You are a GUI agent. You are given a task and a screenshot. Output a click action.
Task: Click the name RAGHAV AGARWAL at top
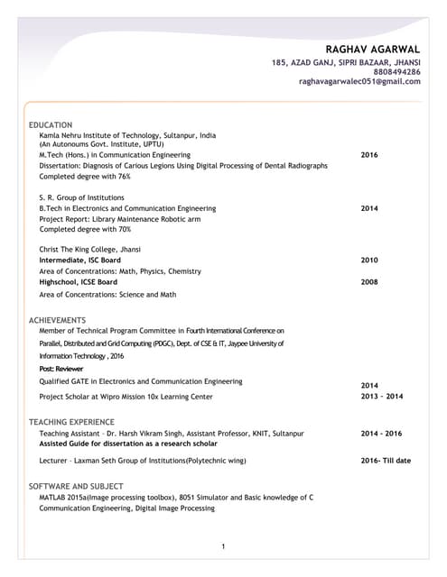pos(373,49)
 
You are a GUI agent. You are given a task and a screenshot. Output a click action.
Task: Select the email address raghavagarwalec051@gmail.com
pos(359,81)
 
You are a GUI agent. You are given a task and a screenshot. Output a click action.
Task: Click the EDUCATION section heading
pos(51,124)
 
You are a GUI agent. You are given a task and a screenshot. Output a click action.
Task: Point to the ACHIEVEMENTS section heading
pos(58,320)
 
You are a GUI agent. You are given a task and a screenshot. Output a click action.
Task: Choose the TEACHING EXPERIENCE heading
pos(71,422)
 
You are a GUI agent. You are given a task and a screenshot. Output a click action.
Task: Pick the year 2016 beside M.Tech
pos(369,155)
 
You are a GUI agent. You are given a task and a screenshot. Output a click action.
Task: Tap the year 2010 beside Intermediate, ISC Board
pos(369,260)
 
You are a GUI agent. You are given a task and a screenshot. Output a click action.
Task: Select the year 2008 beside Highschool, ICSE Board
pos(369,281)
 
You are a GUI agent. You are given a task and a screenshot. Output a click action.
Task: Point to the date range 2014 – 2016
pos(382,434)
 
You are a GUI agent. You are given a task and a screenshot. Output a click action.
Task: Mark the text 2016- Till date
pos(386,461)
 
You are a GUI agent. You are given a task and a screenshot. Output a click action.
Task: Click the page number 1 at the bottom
pos(223,546)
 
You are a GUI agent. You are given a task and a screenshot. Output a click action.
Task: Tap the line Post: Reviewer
pos(61,369)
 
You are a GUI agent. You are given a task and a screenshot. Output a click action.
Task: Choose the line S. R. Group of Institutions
pos(81,197)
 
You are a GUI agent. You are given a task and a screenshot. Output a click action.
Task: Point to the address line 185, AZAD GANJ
pos(346,61)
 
